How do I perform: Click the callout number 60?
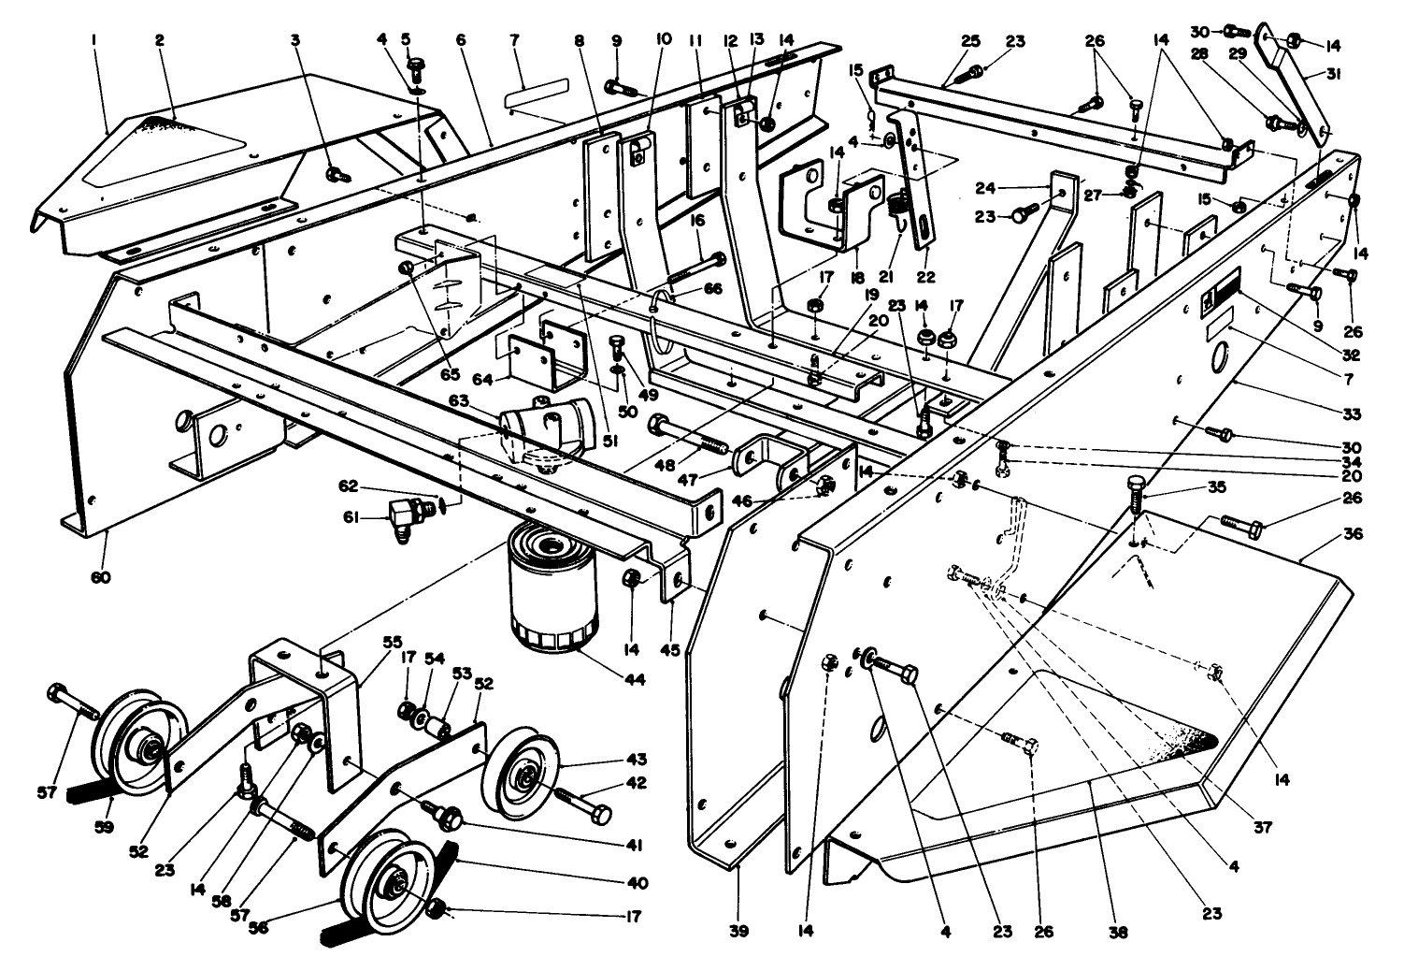pyautogui.click(x=100, y=577)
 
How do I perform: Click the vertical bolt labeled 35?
pyautogui.click(x=1137, y=495)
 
